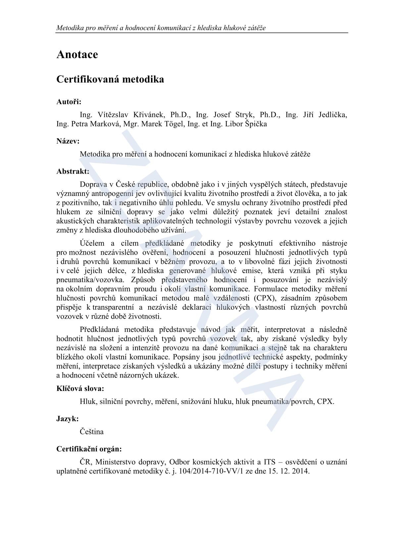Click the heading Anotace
77,54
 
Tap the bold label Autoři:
69,102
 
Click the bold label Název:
68,141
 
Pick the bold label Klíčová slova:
80,389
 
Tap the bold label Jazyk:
68,419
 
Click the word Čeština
92,432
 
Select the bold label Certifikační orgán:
89,449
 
